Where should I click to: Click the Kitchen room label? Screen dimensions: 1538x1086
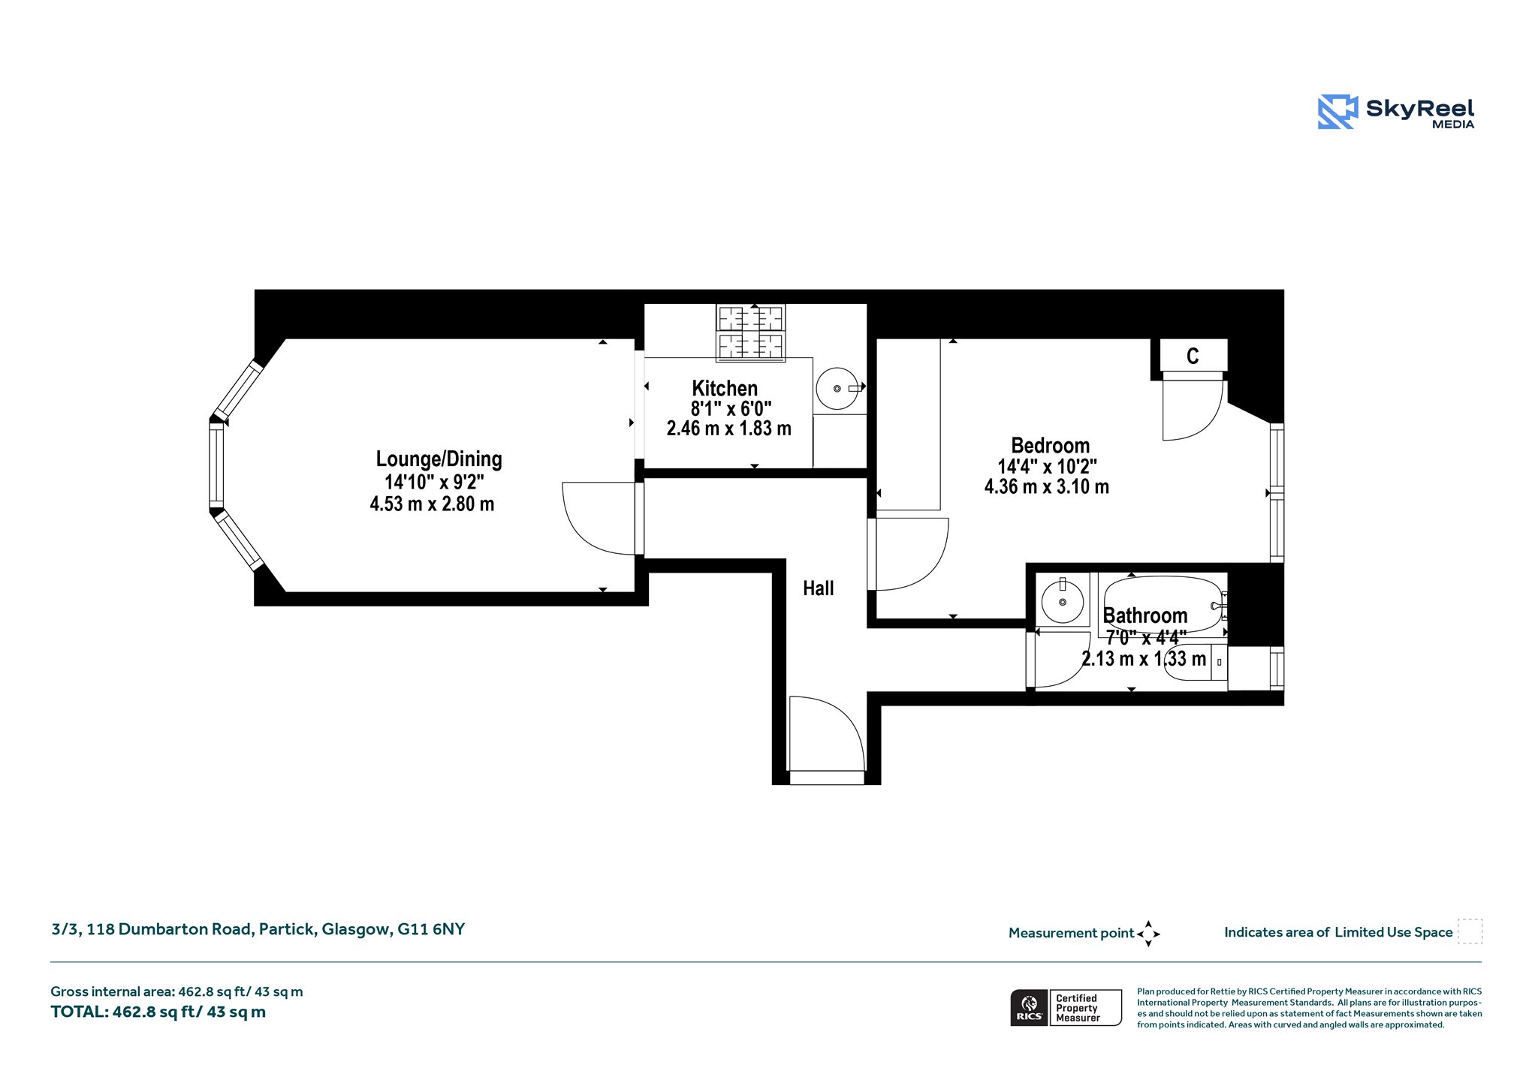tap(725, 388)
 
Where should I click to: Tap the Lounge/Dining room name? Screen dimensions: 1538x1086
tap(439, 459)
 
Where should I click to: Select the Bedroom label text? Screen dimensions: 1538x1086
tap(1050, 445)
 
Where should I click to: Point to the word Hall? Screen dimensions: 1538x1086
tap(819, 588)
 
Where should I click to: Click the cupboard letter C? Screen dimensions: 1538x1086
tap(1193, 356)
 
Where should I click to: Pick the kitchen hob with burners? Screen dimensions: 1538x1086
tap(751, 333)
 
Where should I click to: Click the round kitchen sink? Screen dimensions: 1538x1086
tap(837, 389)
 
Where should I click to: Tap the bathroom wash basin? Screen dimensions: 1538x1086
tap(1063, 601)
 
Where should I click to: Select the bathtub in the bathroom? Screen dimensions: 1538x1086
tap(1163, 605)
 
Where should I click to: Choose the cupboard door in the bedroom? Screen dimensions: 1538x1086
tap(1194, 410)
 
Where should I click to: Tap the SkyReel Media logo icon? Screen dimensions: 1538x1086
tap(1337, 112)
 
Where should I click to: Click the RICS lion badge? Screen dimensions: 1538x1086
tap(1029, 1007)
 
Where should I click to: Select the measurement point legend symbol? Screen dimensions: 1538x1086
tap(1148, 934)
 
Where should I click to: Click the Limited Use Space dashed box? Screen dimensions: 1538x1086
tap(1470, 931)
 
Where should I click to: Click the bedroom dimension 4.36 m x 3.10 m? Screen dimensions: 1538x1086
tap(1047, 486)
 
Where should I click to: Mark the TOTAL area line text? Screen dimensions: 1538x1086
tap(158, 1012)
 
